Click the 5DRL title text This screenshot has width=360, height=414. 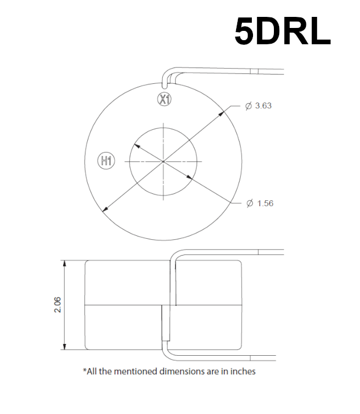[x=283, y=31]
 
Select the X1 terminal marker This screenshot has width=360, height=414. [x=165, y=100]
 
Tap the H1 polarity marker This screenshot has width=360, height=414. [x=106, y=160]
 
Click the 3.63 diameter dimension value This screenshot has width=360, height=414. [x=263, y=106]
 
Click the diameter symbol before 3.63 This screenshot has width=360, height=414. [x=248, y=106]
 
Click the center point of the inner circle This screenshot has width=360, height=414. [x=163, y=160]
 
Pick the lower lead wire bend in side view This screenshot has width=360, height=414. [x=165, y=349]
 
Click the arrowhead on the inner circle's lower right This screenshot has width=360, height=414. [x=190, y=178]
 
